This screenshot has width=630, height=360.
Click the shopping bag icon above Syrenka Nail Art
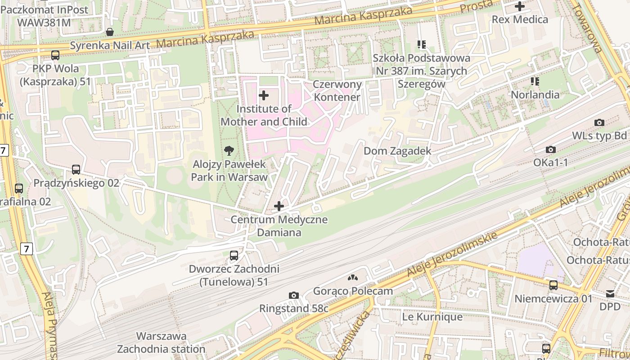(x=109, y=32)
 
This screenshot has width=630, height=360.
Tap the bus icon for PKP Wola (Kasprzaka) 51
(x=55, y=55)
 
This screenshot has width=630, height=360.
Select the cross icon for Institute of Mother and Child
(x=264, y=95)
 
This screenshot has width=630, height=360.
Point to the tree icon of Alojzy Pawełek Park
(x=229, y=151)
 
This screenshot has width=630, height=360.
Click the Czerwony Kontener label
(x=337, y=90)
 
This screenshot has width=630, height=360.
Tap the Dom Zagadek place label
(x=397, y=151)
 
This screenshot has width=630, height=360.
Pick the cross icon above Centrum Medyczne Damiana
(x=279, y=206)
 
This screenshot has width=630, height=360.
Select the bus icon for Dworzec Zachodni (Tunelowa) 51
(x=234, y=256)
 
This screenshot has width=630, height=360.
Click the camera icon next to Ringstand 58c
(x=294, y=295)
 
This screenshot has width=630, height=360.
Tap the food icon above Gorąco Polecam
(x=353, y=278)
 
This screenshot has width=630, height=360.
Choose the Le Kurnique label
(x=432, y=317)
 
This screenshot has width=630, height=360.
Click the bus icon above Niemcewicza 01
(x=553, y=285)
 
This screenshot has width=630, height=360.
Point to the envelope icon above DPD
(x=610, y=293)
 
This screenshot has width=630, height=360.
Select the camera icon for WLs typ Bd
(x=599, y=122)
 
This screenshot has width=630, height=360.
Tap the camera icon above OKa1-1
(x=550, y=149)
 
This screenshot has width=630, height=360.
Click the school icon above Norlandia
(x=535, y=81)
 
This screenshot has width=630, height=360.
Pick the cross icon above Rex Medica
(x=520, y=6)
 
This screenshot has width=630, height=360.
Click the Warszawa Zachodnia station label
(x=161, y=342)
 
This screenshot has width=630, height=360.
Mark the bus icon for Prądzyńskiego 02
(x=76, y=170)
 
